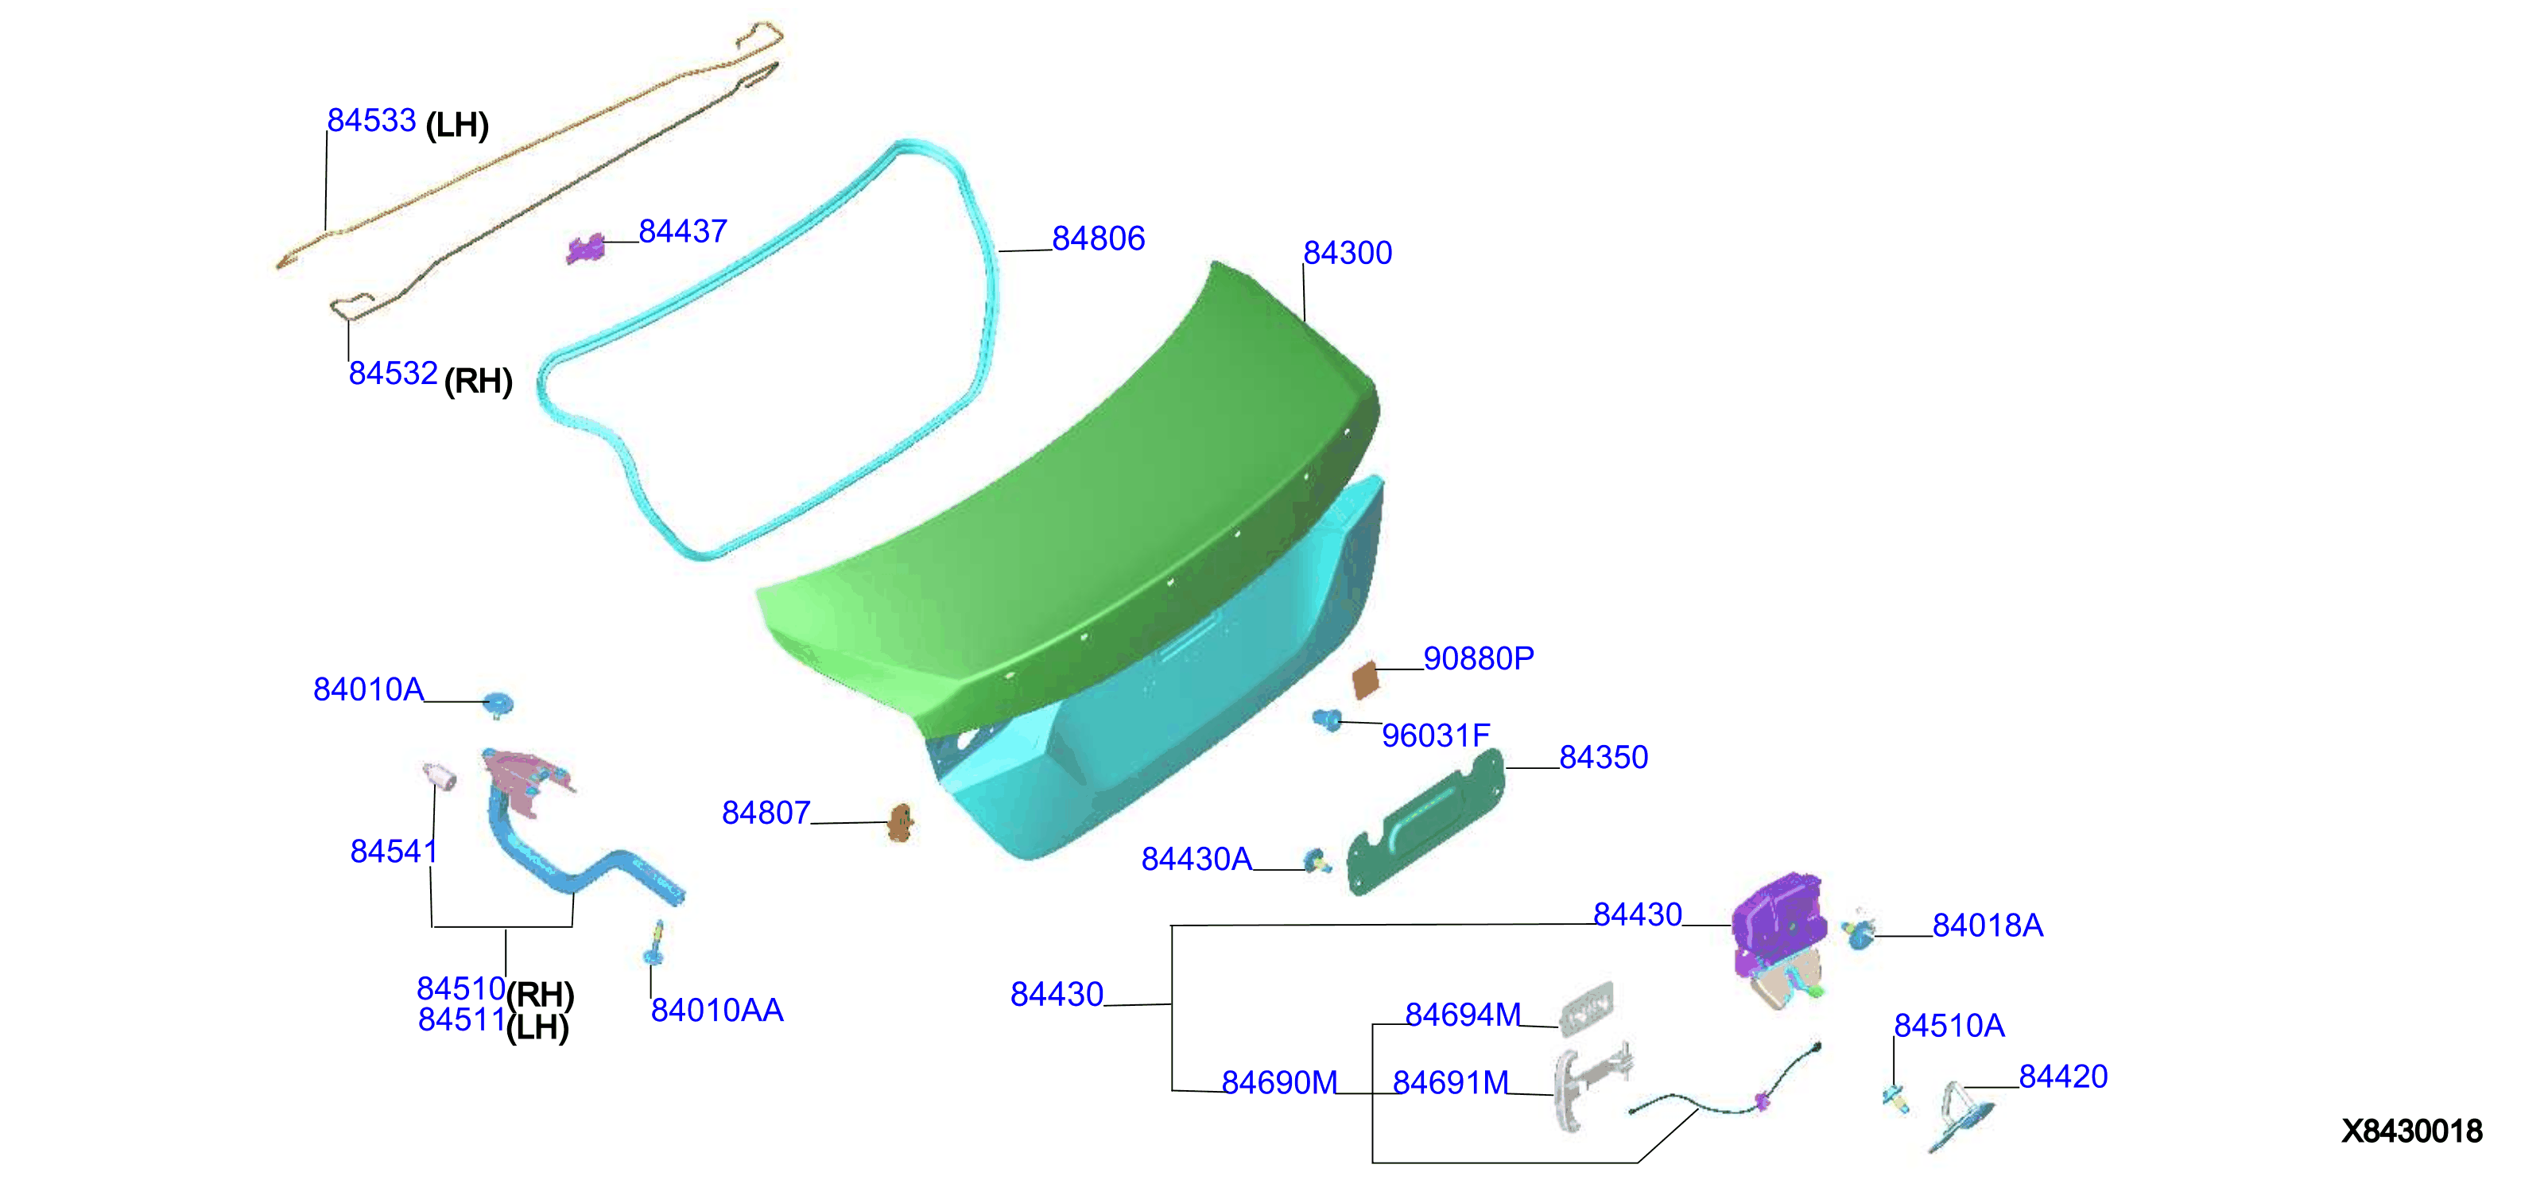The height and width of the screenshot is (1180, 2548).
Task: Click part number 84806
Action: pyautogui.click(x=1098, y=239)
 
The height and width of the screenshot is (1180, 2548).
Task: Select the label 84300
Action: pyautogui.click(x=1348, y=253)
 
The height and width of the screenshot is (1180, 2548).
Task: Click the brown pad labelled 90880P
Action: pyautogui.click(x=1366, y=681)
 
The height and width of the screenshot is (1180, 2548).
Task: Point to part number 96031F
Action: pyautogui.click(x=1435, y=736)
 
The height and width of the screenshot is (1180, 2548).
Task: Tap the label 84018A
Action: pyautogui.click(x=1988, y=926)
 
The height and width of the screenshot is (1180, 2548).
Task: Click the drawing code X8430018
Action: pyautogui.click(x=2411, y=1131)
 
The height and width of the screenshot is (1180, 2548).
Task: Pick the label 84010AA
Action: pyautogui.click(x=717, y=1010)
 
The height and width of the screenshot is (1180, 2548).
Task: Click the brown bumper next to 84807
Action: pyautogui.click(x=900, y=822)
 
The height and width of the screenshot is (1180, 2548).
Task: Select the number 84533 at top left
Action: pyautogui.click(x=371, y=121)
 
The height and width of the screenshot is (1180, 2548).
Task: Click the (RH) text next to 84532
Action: pyautogui.click(x=478, y=381)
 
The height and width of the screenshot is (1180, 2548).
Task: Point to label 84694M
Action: pyautogui.click(x=1463, y=1015)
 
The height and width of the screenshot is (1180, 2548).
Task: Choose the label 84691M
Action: pyautogui.click(x=1451, y=1083)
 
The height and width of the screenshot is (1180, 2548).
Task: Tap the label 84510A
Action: pyautogui.click(x=1949, y=1026)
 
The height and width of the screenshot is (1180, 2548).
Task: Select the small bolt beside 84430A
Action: pyautogui.click(x=1316, y=861)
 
